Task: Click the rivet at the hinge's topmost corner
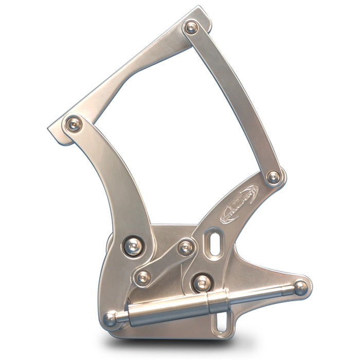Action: pos(191,27)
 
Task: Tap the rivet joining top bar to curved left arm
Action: pos(74,123)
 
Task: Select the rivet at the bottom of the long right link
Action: pos(274,177)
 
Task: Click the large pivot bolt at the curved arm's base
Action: pos(134,246)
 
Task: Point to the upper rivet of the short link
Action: pos(186,248)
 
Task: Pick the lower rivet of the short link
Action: pos(142,277)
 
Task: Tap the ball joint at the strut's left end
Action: pos(111,318)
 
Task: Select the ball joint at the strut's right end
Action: pos(300,287)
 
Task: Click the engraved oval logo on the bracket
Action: pos(239,204)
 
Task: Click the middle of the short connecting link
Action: pos(164,263)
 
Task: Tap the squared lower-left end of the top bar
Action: pos(56,132)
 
